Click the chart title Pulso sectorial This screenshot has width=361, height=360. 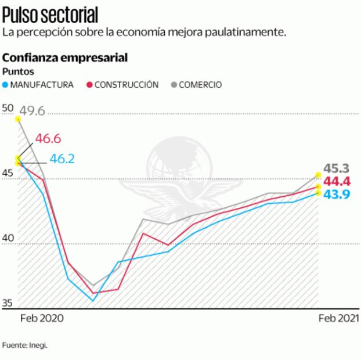pyautogui.click(x=50, y=13)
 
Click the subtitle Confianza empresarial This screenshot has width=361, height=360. pyautogui.click(x=65, y=58)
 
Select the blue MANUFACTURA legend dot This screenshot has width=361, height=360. pyautogui.click(x=6, y=85)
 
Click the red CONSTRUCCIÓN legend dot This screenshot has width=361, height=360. pyautogui.click(x=90, y=85)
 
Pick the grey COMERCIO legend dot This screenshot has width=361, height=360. pyautogui.click(x=174, y=85)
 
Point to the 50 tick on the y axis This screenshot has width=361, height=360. pyautogui.click(x=8, y=108)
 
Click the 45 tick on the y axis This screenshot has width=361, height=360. pyautogui.click(x=8, y=173)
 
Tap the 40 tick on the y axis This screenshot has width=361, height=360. pyautogui.click(x=8, y=238)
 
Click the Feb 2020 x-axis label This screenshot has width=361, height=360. pyautogui.click(x=42, y=318)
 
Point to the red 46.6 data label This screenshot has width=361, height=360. pyautogui.click(x=48, y=139)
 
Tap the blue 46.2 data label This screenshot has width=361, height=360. pyautogui.click(x=62, y=159)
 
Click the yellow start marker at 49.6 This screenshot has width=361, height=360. pyautogui.click(x=18, y=119)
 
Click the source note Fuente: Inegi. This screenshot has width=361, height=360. pyautogui.click(x=24, y=345)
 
